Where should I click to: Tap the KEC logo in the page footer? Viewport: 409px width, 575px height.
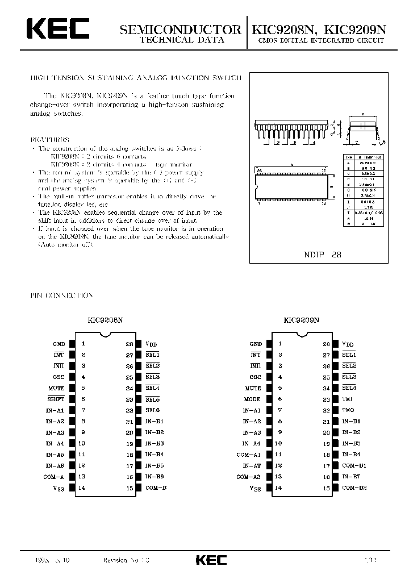click(x=211, y=560)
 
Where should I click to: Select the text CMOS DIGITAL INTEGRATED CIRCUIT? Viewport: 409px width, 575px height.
click(x=321, y=41)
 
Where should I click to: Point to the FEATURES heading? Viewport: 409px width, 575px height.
click(x=49, y=139)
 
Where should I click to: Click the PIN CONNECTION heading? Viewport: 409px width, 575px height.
click(x=61, y=296)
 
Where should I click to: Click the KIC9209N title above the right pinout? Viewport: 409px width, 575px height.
click(x=302, y=320)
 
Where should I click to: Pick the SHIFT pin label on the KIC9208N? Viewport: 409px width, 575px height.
click(x=57, y=399)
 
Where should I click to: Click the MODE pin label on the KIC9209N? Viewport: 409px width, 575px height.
click(x=253, y=399)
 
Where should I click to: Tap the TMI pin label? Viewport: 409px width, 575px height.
click(x=347, y=399)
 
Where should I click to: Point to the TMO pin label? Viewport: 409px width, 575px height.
click(x=348, y=410)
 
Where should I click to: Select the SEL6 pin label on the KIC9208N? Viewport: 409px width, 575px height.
click(x=152, y=410)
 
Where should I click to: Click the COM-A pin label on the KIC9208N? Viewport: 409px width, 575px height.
click(x=55, y=476)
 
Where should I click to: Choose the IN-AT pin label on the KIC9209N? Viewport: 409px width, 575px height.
click(x=251, y=465)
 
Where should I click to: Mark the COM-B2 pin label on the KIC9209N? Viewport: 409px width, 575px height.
click(x=354, y=488)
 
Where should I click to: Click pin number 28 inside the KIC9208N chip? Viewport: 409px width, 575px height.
click(x=130, y=344)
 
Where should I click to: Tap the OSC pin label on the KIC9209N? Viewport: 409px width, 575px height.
click(x=255, y=377)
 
